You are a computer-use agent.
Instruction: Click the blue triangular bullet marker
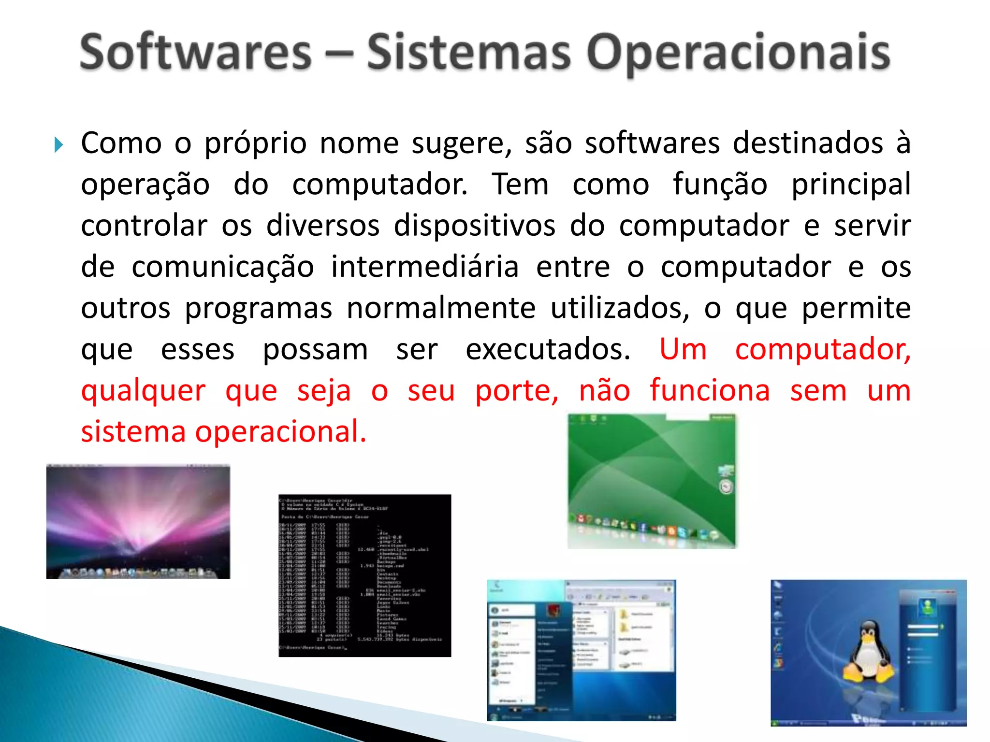click(58, 144)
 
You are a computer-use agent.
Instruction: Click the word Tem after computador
click(520, 185)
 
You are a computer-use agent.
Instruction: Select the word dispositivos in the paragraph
click(474, 226)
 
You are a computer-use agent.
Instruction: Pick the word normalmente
click(441, 308)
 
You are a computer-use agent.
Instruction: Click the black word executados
click(548, 349)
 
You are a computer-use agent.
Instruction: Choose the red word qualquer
click(143, 391)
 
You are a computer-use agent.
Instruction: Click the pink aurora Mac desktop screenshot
click(138, 522)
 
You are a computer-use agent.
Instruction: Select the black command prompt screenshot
click(364, 575)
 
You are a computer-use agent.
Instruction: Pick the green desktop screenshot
click(651, 481)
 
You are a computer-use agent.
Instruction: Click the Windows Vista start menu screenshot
click(581, 650)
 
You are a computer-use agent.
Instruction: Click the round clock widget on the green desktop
click(726, 487)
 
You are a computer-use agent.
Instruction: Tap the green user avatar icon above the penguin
click(927, 607)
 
